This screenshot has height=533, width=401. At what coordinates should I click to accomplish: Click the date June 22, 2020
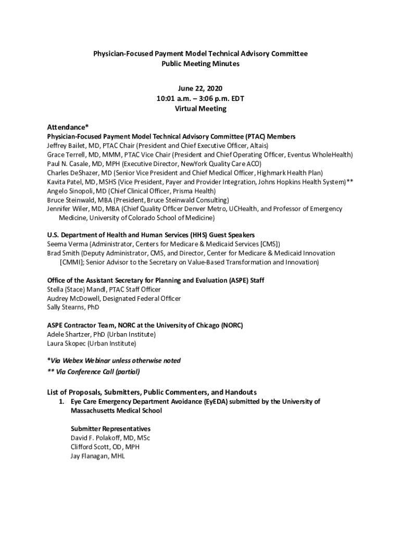(x=200, y=90)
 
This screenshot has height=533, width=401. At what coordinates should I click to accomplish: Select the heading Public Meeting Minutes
(x=200, y=64)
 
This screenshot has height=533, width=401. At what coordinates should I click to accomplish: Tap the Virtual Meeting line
(x=200, y=109)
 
